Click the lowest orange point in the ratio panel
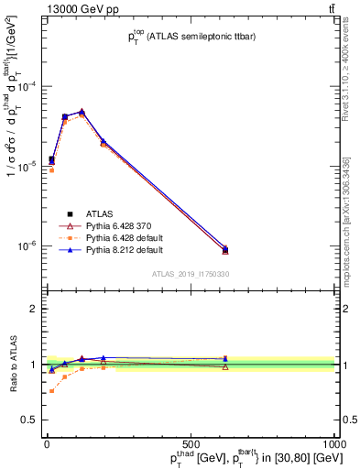click(51, 391)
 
